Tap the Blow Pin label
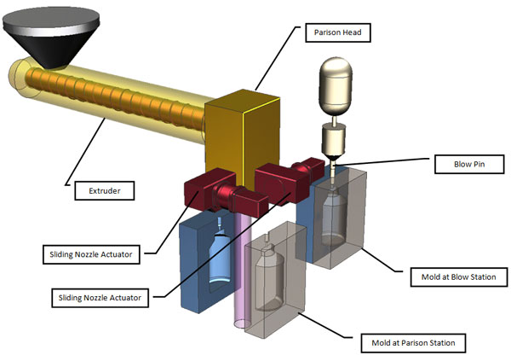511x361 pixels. (x=455, y=162)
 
